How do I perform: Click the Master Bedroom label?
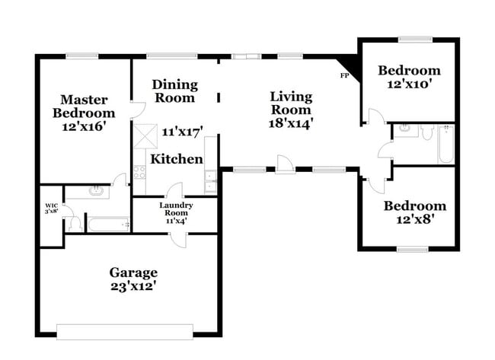coord(84,107)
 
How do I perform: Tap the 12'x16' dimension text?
coord(84,127)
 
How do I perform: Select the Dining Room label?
coord(174,91)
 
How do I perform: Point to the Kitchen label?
coord(176,159)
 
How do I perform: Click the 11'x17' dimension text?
coord(180,132)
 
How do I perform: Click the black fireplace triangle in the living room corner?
coord(350,64)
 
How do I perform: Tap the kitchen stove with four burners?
coord(139,173)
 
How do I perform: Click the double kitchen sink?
coord(209,180)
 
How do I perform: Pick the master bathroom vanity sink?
coord(95,191)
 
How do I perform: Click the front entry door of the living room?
coord(284,164)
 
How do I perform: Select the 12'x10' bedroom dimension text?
coord(409,85)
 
